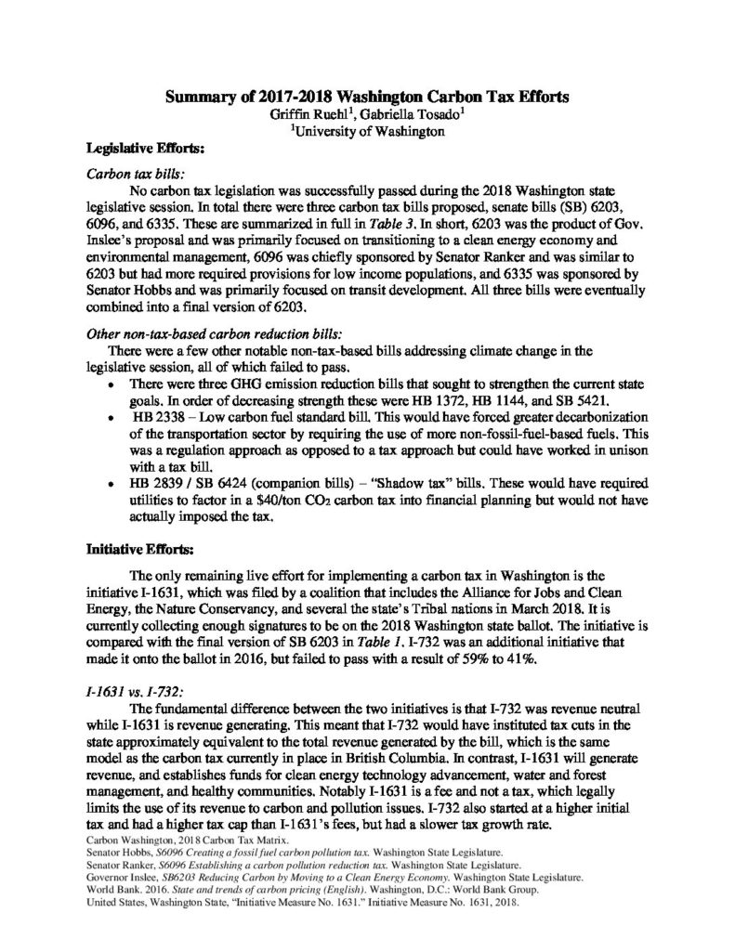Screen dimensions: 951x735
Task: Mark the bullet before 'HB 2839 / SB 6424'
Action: [x=112, y=483]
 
